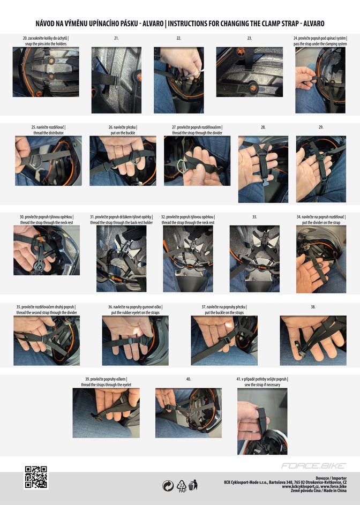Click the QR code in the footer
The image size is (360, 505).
pyautogui.click(x=36, y=477)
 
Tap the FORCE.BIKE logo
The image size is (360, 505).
pyautogui.click(x=313, y=466)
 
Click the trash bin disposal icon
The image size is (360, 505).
pyautogui.click(x=193, y=485)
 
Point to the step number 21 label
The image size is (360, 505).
pyautogui.click(x=116, y=38)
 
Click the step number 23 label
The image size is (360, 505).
pyautogui.click(x=250, y=38)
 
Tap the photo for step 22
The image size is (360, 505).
pyautogui.click(x=178, y=80)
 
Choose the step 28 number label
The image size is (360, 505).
pyautogui.click(x=263, y=127)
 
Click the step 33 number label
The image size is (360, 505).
pyautogui.click(x=254, y=217)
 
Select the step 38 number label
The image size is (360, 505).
pyautogui.click(x=313, y=307)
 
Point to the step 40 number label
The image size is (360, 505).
pyautogui.click(x=189, y=379)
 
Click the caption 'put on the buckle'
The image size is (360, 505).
pyautogui.click(x=123, y=133)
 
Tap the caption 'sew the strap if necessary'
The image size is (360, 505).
pyautogui.click(x=262, y=385)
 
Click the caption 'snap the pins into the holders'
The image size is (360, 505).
pyautogui.click(x=46, y=44)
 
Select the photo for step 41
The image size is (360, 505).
pyautogui.click(x=262, y=421)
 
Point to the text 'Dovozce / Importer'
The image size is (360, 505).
pyautogui.click(x=331, y=478)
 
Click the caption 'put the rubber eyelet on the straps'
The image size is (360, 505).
pyautogui.click(x=136, y=312)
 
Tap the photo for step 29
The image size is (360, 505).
pyautogui.click(x=321, y=169)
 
